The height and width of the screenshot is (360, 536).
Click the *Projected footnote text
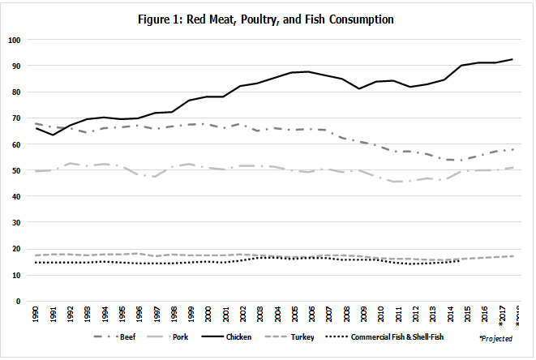point(495,336)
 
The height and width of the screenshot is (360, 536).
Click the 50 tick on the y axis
point(18,170)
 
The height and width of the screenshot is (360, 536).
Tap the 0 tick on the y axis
point(20,301)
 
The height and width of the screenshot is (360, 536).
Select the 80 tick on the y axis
point(18,92)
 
